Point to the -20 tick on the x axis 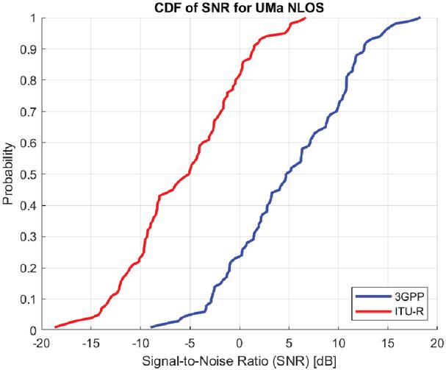(41, 343)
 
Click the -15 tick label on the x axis (90, 343)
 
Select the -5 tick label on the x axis (190, 343)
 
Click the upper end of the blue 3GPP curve (420, 18)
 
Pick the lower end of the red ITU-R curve (56, 327)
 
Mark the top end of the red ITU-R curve (305, 18)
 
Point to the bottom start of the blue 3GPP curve (151, 327)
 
